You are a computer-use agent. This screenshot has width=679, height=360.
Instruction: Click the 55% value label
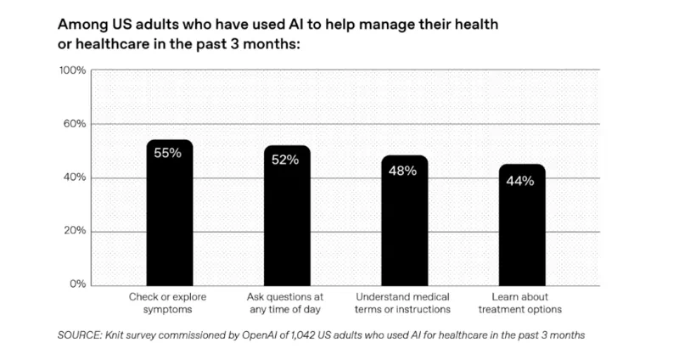point(168,154)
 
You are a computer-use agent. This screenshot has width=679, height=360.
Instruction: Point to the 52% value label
point(286,160)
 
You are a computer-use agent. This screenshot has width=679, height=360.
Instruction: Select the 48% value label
point(403,170)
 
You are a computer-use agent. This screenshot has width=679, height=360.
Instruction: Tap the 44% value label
point(520,180)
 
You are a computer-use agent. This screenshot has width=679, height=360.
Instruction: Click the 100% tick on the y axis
point(72,70)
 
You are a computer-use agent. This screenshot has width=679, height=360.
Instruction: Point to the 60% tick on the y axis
point(75,124)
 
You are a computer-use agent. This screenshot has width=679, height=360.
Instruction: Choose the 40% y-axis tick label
point(75,177)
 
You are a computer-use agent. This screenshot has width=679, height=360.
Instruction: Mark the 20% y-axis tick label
point(75,231)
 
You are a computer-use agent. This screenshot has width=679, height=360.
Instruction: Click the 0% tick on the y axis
point(78,284)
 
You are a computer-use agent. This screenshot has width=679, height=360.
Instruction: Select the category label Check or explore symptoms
point(168,303)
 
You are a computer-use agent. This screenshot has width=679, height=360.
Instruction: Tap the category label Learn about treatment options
point(520,303)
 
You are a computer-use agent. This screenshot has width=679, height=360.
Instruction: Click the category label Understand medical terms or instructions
point(403,303)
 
